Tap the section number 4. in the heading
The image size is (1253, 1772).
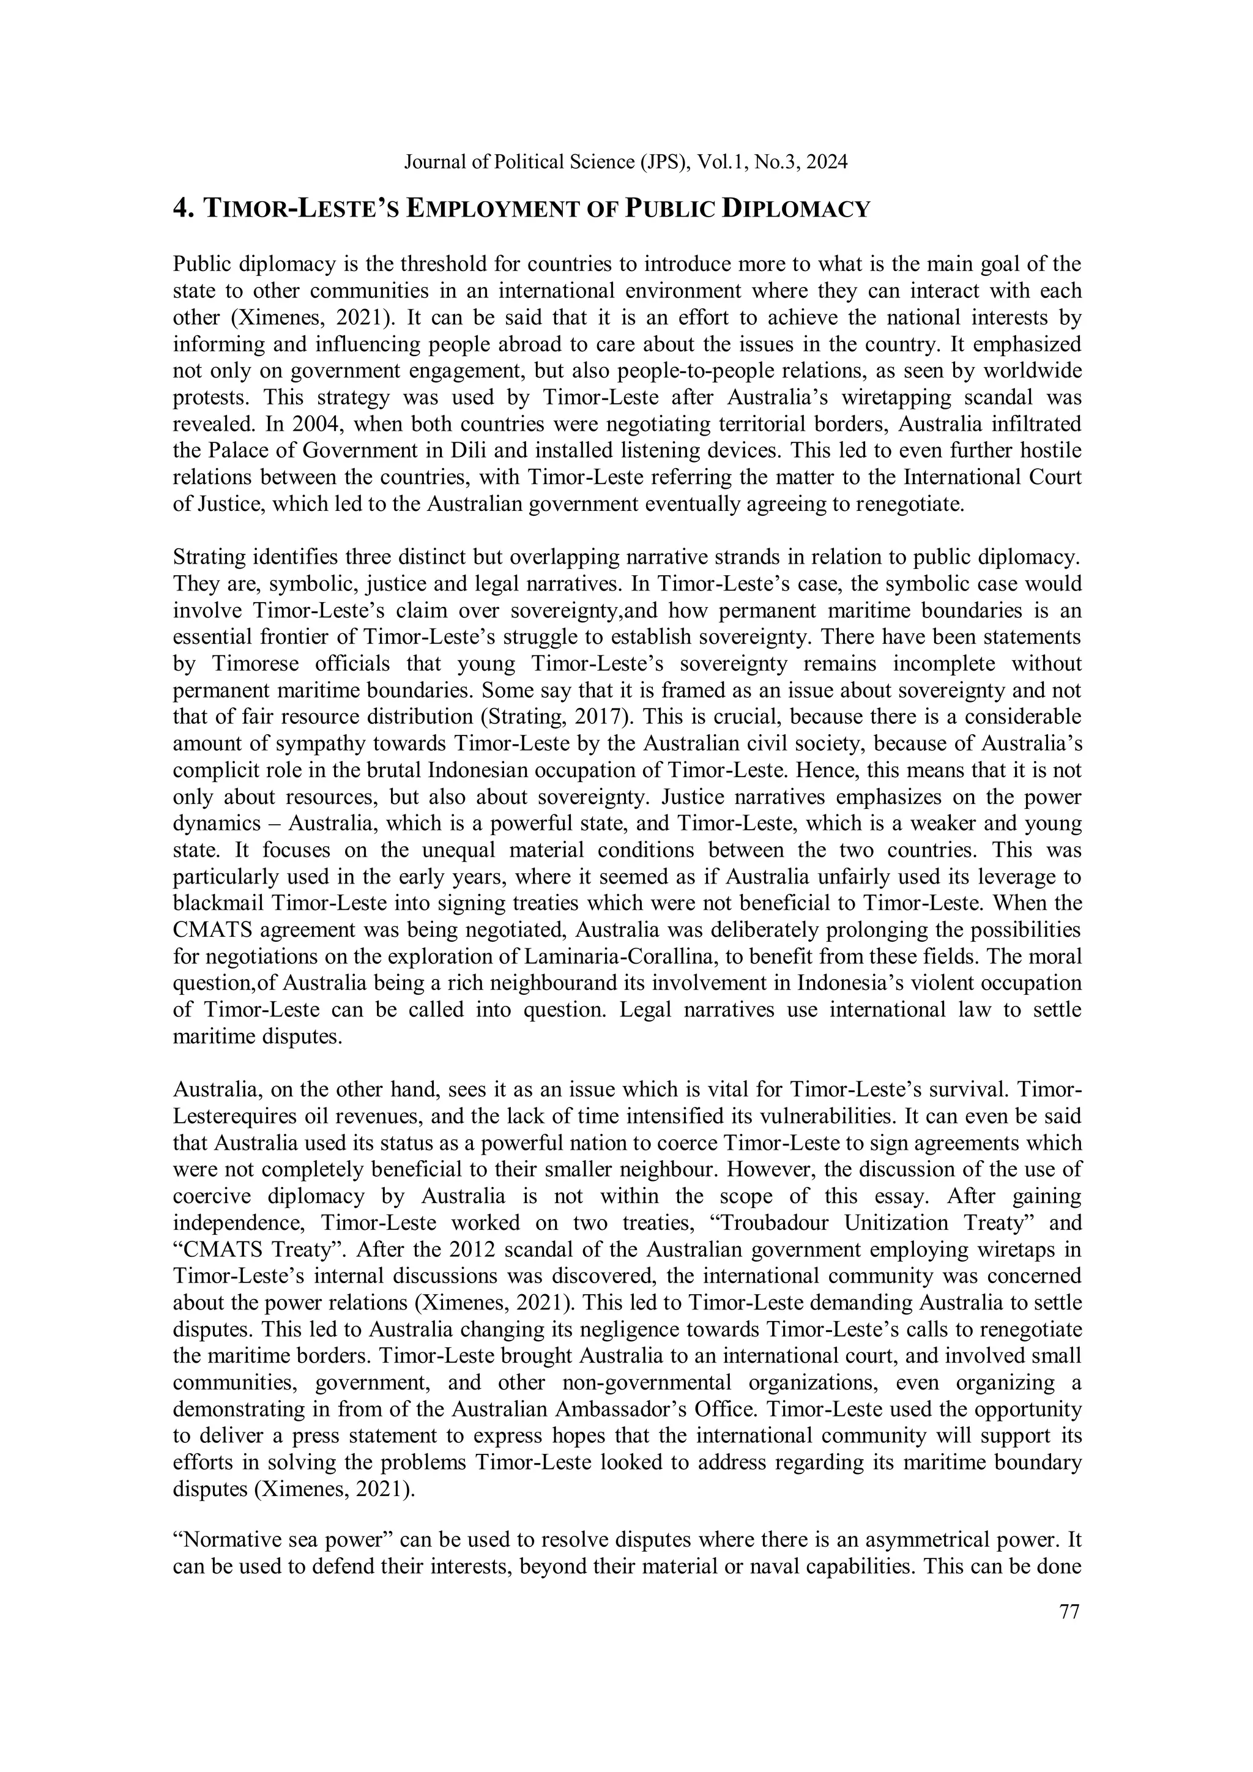pos(183,209)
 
